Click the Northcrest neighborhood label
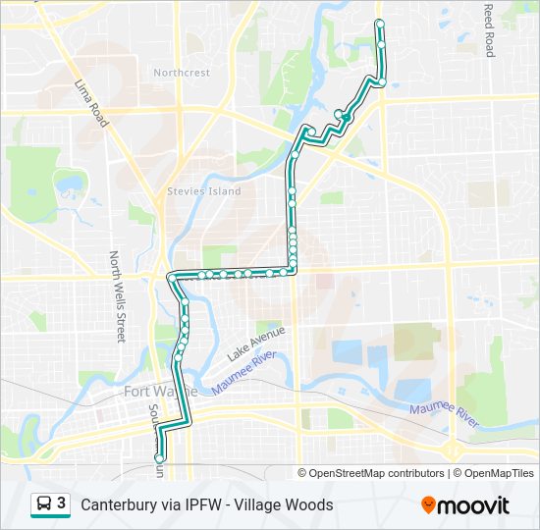coord(182,73)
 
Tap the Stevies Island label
coord(204,191)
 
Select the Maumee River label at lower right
coord(443,414)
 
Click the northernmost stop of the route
coord(379,23)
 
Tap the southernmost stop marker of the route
coord(159,457)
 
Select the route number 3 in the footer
coord(62,503)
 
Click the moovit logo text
coord(473,505)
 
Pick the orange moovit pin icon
coord(428,504)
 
